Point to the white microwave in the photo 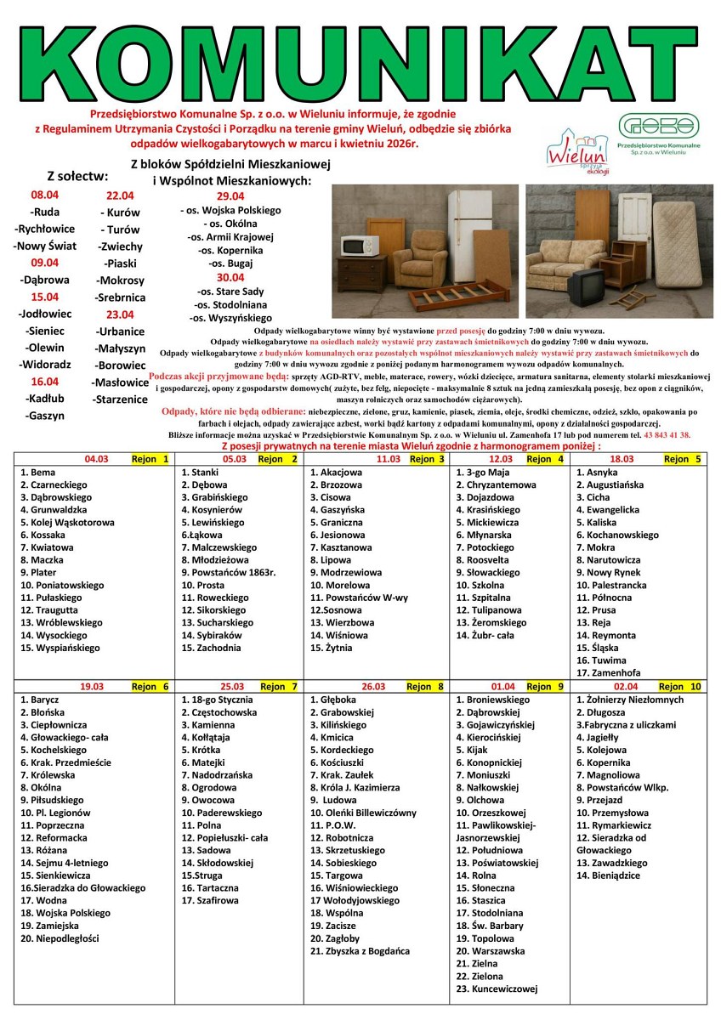360,246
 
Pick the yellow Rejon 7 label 278,686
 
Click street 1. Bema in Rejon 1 37,472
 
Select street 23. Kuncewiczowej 497,989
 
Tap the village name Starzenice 120,399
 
